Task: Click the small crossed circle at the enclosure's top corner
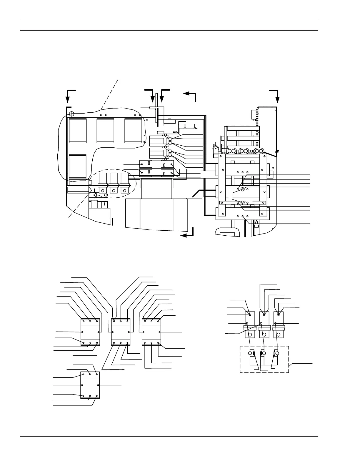pos(71,114)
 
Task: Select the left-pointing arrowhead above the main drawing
pos(186,94)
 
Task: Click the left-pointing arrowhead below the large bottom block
pos(184,235)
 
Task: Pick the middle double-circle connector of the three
pos(243,151)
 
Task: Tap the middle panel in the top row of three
pos(105,131)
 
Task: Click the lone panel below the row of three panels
pos(78,166)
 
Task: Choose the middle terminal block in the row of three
pos(121,332)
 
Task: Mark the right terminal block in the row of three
pos(151,332)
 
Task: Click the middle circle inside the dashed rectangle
pos(264,353)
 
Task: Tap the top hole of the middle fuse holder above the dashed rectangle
pos(264,315)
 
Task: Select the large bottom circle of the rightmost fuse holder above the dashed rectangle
pos(279,334)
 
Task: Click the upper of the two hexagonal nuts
pos(243,189)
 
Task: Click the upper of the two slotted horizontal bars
pos(156,164)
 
